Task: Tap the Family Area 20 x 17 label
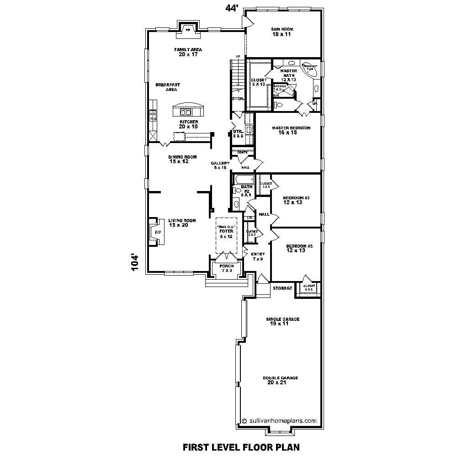188,52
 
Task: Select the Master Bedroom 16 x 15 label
291,130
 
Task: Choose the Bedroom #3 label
299,248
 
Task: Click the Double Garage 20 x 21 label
280,380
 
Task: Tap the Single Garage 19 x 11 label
283,321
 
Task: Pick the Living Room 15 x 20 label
182,223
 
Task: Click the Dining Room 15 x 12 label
182,159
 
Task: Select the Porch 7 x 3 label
227,268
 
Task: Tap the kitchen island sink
186,112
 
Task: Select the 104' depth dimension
134,262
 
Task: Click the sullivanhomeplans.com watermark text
279,420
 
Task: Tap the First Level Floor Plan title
241,446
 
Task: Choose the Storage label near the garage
282,288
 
